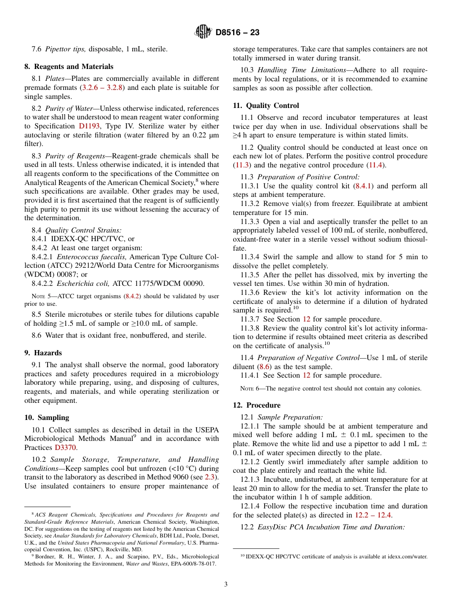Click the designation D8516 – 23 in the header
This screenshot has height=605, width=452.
[237, 33]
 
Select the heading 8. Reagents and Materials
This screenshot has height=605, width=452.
[69, 67]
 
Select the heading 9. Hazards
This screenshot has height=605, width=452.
[43, 353]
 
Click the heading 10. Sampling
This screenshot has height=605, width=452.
[47, 418]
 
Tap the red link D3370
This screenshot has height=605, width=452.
[65, 448]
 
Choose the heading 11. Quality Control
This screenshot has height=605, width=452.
[266, 106]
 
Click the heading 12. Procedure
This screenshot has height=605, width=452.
[256, 405]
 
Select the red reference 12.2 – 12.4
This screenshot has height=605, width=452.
[373, 515]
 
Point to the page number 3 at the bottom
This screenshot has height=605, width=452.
[226, 584]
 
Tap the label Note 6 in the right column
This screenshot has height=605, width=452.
[246, 389]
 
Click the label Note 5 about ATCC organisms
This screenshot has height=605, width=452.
[38, 296]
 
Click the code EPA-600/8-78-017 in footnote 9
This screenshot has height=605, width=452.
[193, 564]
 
